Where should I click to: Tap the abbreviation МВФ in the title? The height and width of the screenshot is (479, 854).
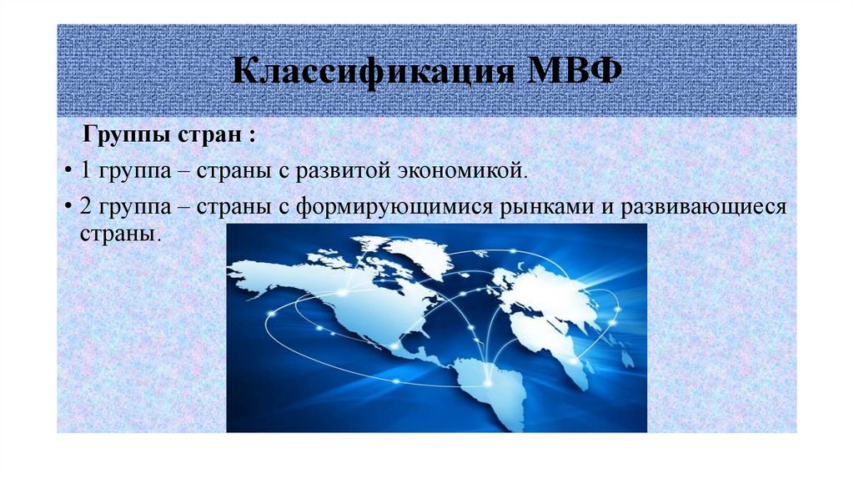(576, 72)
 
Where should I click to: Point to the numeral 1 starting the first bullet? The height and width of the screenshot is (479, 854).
(86, 171)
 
